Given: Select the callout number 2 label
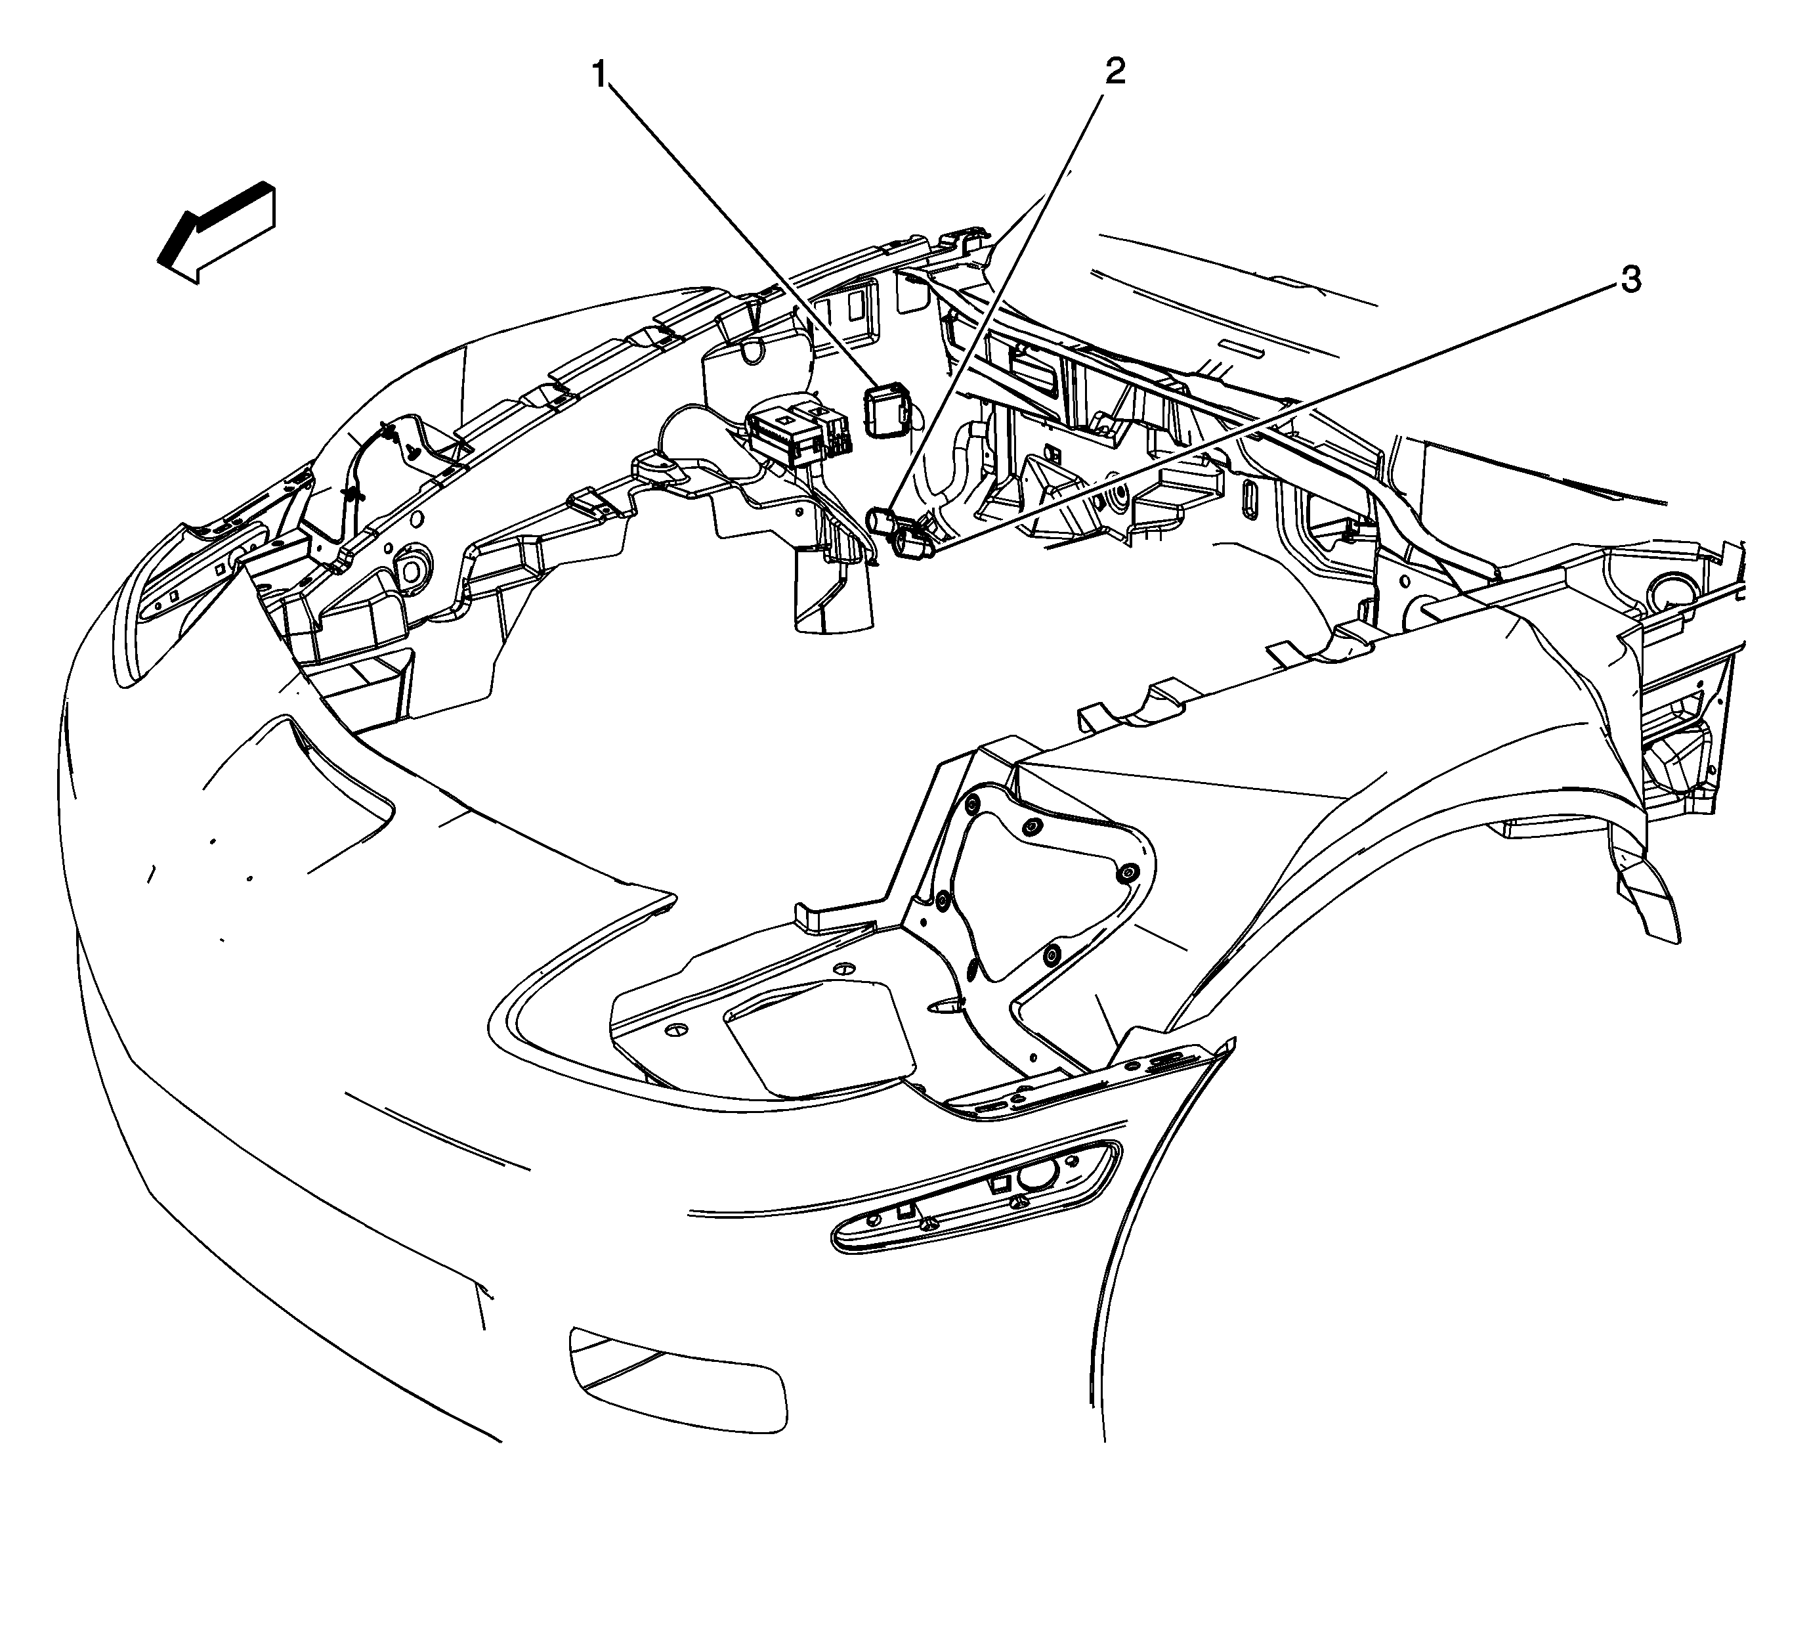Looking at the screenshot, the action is [1115, 70].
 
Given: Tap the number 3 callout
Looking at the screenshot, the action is [1630, 280].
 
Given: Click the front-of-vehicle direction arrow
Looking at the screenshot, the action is [216, 232].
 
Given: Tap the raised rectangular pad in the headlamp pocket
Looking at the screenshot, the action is [819, 1039].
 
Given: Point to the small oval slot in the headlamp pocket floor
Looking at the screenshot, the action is [945, 1008].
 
